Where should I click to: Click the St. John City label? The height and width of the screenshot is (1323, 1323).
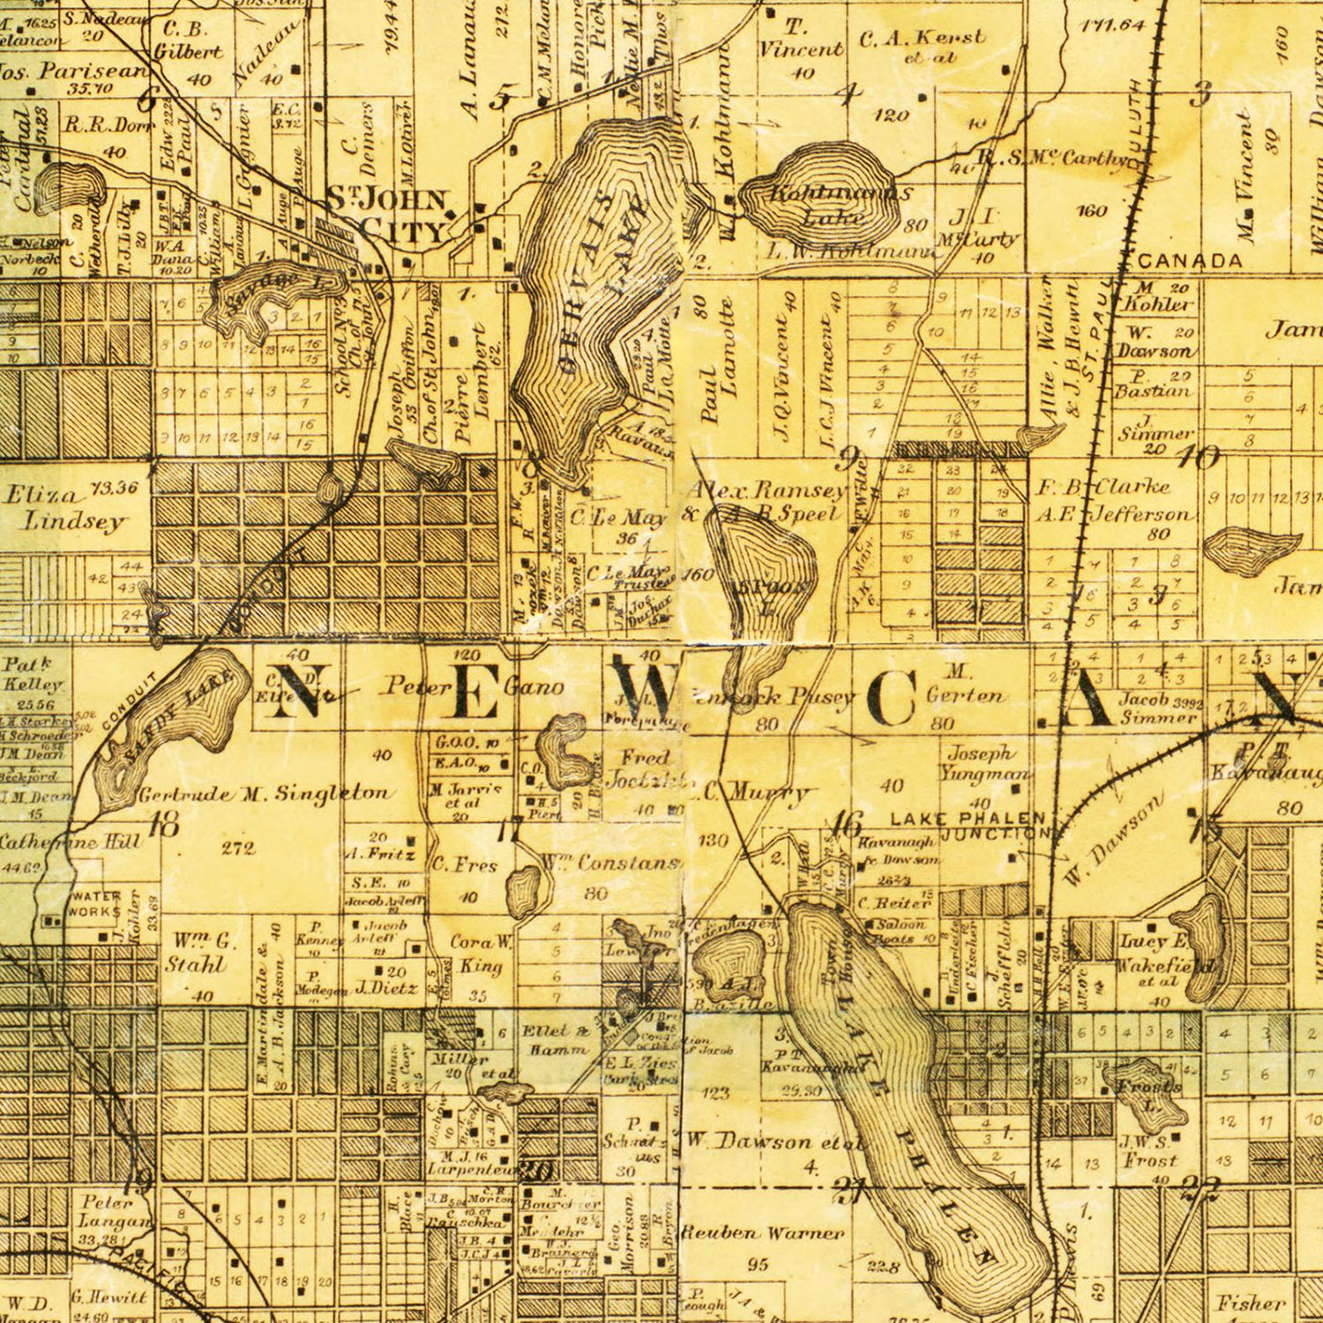[388, 214]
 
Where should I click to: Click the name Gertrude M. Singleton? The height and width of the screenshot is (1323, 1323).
[263, 794]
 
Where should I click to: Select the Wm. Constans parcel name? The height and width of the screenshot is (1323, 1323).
[628, 864]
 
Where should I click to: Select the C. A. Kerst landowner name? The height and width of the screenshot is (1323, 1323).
[921, 39]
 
